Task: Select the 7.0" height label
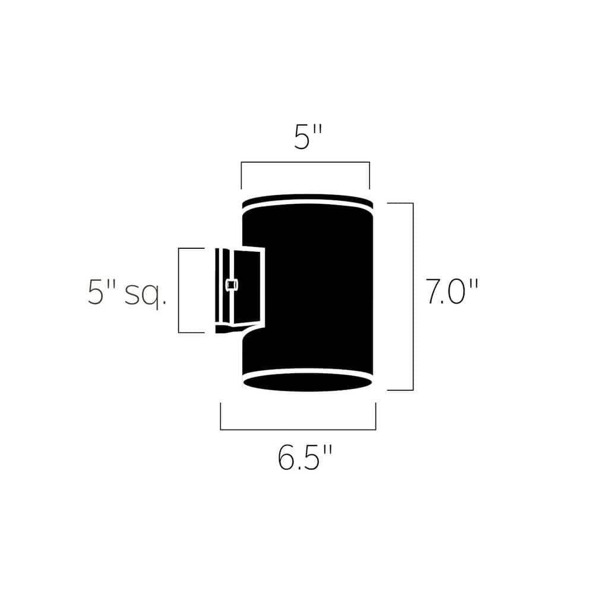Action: [x=451, y=292]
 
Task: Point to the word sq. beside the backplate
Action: [x=144, y=295]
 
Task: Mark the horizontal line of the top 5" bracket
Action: [x=305, y=162]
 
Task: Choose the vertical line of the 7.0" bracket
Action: [x=413, y=297]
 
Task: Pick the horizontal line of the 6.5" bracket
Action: [x=298, y=429]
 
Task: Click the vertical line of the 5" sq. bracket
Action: [x=179, y=290]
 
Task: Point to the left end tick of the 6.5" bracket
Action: [x=220, y=416]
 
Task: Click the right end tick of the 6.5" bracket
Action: [x=375, y=416]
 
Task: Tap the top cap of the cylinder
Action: [x=307, y=200]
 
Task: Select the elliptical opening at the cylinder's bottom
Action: [x=308, y=382]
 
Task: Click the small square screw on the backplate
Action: [x=231, y=285]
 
